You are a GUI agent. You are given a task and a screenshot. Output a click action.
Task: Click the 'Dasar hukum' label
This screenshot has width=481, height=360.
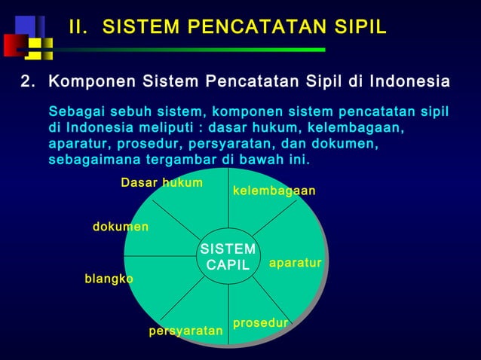click(161, 183)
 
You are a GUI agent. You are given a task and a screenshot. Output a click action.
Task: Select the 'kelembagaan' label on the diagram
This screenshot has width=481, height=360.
click(274, 191)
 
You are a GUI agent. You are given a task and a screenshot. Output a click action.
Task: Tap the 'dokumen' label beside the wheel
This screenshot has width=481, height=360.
click(121, 227)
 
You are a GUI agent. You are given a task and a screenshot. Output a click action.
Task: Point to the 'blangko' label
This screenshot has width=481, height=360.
click(109, 279)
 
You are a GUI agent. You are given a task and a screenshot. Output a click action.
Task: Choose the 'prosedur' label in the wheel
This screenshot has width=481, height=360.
click(260, 322)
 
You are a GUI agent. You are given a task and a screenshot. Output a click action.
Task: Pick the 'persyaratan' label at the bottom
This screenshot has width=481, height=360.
click(185, 331)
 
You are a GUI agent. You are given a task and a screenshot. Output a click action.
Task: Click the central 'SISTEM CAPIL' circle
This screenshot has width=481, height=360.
click(228, 257)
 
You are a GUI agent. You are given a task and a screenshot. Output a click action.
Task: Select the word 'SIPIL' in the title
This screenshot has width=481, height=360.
click(357, 28)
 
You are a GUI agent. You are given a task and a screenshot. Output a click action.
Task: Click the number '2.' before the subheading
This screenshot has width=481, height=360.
click(29, 81)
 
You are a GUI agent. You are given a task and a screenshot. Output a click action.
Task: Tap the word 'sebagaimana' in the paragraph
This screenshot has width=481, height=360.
click(93, 160)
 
